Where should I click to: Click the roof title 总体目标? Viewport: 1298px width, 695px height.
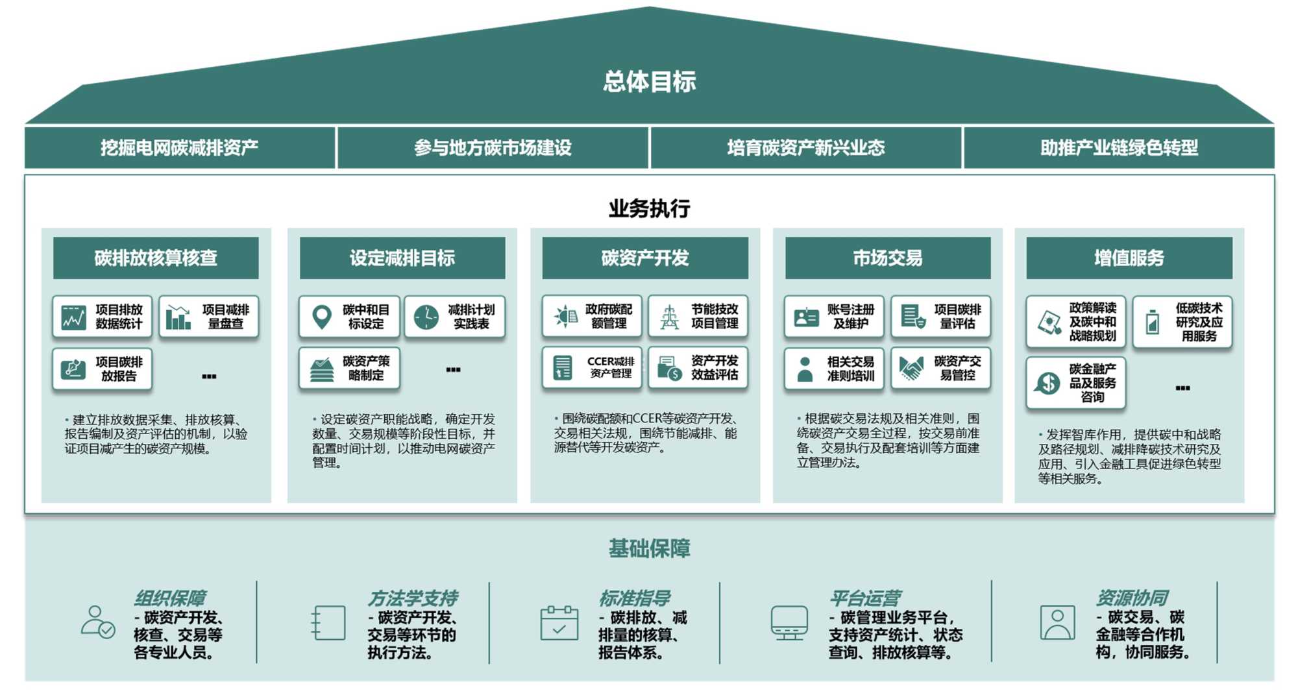point(649,82)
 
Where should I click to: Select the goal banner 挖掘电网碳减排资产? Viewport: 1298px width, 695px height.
point(180,148)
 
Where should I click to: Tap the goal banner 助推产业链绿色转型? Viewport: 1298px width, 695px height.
point(1119,148)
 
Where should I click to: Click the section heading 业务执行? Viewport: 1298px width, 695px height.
point(649,208)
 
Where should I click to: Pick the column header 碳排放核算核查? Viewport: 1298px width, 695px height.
point(156,258)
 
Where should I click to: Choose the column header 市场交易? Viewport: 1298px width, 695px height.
point(887,258)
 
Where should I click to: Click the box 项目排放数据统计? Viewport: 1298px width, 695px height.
point(103,317)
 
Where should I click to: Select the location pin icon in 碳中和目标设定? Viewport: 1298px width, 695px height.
point(322,317)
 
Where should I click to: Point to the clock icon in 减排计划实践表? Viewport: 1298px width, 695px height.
point(426,317)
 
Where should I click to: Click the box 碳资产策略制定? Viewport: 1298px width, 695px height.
point(349,368)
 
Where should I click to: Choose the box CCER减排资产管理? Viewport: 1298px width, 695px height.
point(592,368)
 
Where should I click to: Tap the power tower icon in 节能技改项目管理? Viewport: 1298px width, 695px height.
point(669,317)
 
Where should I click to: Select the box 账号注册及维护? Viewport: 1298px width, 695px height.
point(834,317)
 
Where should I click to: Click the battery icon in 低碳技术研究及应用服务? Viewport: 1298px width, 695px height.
point(1153,322)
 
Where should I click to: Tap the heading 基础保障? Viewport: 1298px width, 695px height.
point(649,548)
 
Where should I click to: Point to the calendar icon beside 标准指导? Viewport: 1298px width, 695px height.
point(559,624)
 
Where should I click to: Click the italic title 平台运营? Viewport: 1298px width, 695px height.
point(865,598)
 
